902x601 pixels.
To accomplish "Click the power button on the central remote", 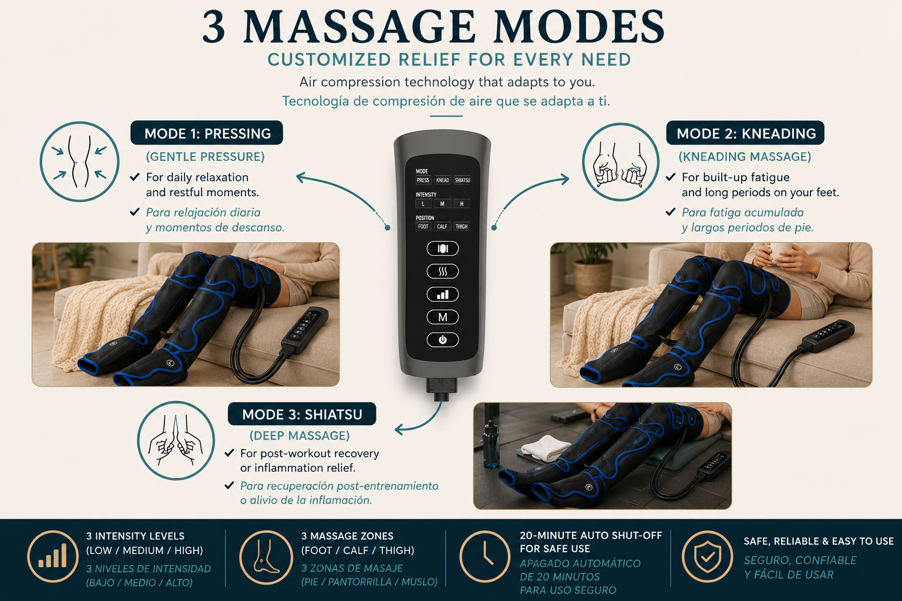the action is coord(443,340).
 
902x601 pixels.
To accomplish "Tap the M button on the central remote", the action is coord(443,317).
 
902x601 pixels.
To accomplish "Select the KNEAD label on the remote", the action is coord(442,180).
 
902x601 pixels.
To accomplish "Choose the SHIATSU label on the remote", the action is coord(462,180).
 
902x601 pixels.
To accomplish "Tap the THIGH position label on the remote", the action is coord(462,227).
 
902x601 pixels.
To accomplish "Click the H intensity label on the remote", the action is coord(462,204).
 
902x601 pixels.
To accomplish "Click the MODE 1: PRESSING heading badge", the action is coord(207,133).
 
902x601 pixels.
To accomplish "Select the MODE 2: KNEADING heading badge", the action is coord(745,133).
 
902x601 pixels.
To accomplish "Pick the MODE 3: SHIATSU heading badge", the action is coord(302,414).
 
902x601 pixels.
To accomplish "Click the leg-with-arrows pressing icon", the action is coord(79,161).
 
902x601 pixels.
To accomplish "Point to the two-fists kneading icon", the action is coord(621,162).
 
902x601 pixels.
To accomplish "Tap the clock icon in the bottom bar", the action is coord(485,557).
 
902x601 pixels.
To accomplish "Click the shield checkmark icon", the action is coord(708,557).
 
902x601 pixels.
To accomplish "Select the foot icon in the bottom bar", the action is coord(266,558).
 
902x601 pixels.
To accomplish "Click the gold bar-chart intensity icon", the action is coord(53,557).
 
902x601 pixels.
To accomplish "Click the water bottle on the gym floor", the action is coord(491,444).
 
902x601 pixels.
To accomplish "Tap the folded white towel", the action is coord(546,447).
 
